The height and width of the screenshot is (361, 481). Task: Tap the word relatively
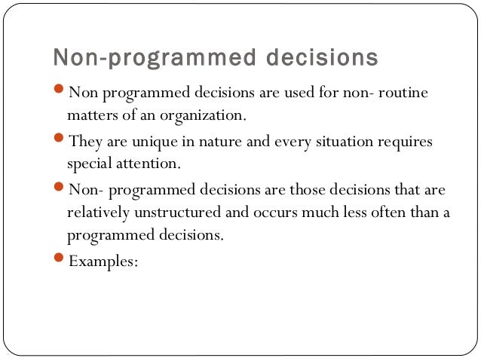coord(99,212)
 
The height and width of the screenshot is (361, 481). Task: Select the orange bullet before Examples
coord(61,259)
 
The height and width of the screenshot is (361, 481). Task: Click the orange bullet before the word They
coord(61,140)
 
